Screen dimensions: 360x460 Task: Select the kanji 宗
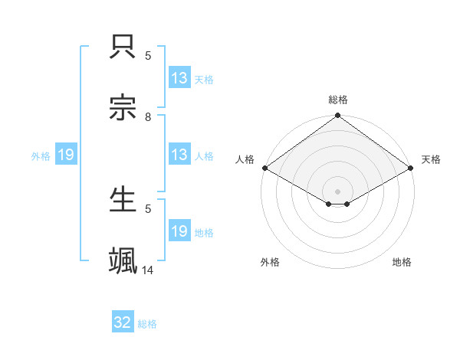click(123, 108)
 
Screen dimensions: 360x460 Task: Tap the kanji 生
click(123, 200)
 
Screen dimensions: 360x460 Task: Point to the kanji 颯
click(123, 260)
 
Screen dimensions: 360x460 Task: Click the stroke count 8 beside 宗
click(148, 117)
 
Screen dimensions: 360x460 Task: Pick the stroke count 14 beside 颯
click(148, 270)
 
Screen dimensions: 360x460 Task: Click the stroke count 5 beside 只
click(148, 56)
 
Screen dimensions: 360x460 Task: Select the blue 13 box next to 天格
click(179, 78)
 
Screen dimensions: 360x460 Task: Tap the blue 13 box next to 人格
click(179, 155)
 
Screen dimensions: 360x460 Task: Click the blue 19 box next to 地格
click(179, 231)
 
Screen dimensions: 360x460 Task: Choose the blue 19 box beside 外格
click(66, 155)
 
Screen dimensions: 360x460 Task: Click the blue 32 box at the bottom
click(123, 322)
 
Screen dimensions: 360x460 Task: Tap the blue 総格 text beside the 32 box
click(148, 324)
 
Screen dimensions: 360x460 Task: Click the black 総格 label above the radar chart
click(338, 100)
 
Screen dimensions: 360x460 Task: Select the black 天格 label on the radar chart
click(431, 159)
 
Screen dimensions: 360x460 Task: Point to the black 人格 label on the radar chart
click(245, 159)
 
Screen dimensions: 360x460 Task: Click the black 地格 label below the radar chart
click(402, 262)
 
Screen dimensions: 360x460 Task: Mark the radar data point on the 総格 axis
click(338, 116)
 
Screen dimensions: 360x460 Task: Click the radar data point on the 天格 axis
click(412, 168)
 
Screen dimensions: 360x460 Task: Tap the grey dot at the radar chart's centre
click(338, 191)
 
